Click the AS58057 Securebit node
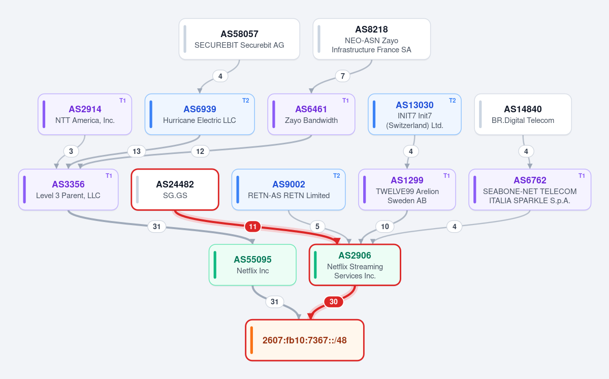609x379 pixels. (x=239, y=39)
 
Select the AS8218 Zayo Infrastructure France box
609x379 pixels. (x=372, y=39)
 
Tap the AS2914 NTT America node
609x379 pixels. (x=85, y=114)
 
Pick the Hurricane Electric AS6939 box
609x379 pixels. (x=200, y=114)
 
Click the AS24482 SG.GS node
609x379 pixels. (x=175, y=189)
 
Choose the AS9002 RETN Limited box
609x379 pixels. (x=289, y=189)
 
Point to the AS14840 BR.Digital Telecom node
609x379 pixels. (x=523, y=114)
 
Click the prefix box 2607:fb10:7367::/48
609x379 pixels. (x=305, y=340)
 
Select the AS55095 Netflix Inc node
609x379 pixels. (x=252, y=265)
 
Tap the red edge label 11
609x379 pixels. (x=253, y=227)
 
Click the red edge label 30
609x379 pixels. (x=334, y=302)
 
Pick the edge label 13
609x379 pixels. (x=137, y=151)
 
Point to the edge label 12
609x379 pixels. (x=200, y=151)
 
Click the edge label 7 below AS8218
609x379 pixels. (x=342, y=76)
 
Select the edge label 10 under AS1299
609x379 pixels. (x=385, y=227)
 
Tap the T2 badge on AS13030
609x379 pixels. (x=453, y=101)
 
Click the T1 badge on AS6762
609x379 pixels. (x=582, y=176)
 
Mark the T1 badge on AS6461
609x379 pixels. (x=346, y=101)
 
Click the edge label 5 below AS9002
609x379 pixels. (x=317, y=227)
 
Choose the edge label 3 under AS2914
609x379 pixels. (x=71, y=151)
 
